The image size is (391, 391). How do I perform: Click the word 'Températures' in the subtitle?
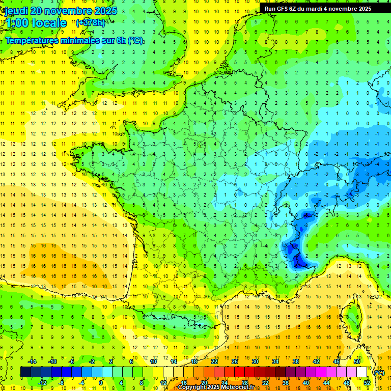31,41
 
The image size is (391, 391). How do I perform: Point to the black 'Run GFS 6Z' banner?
325,9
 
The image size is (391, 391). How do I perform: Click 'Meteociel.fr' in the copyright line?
239,387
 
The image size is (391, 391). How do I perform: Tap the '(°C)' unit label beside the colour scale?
379,373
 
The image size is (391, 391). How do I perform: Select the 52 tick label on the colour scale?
367,383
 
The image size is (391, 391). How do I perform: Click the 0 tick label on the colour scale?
101,383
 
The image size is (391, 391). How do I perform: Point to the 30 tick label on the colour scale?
255,361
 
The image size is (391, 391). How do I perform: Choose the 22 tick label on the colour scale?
214,361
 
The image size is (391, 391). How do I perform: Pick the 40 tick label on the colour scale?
305,383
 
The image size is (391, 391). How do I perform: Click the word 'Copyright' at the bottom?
191,387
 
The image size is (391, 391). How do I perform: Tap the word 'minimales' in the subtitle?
81,41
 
